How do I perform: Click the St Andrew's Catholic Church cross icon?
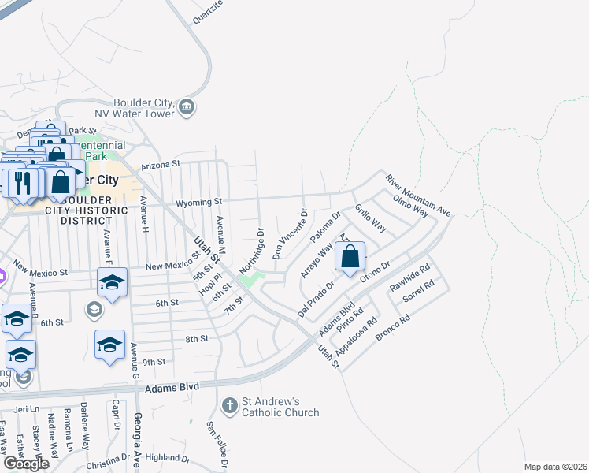pos(230,405)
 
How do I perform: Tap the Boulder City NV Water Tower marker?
pos(187,107)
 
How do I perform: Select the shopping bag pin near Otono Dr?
pos(350,256)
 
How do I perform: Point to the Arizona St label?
pos(161,166)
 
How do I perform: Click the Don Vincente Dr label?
pos(290,234)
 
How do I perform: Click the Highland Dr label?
pos(168,457)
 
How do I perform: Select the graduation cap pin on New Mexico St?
pos(113,282)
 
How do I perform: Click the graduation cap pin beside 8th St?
pos(110,344)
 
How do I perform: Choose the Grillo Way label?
pos(370,218)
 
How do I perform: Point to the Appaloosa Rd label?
pos(356,334)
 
